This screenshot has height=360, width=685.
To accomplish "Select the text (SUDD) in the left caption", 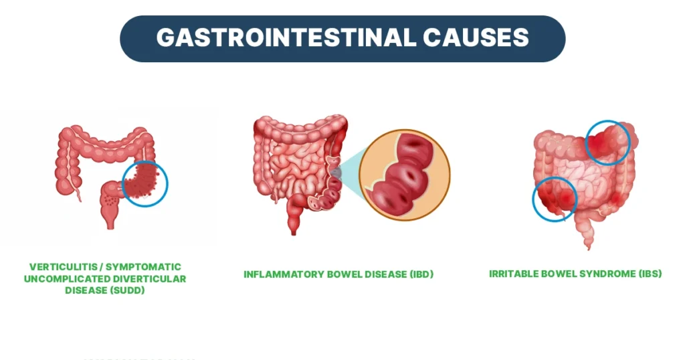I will (130, 290).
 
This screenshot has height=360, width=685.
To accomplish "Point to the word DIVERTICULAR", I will (151, 278).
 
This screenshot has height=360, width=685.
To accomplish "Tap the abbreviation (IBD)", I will (419, 274).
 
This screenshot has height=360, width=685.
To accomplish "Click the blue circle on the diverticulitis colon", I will (144, 183).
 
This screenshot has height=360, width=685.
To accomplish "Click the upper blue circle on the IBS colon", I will (608, 143).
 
